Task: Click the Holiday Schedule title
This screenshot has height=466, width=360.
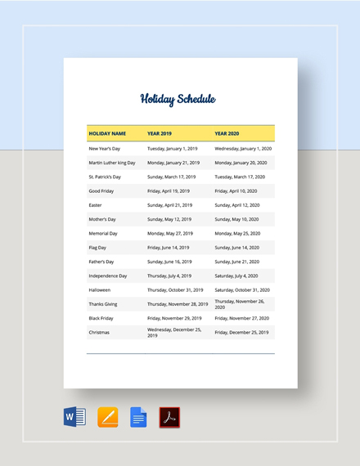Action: tap(178, 100)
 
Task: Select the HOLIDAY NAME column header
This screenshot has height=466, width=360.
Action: tap(107, 132)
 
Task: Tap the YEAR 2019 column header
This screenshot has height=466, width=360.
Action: tap(160, 132)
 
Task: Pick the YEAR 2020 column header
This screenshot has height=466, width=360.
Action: tap(227, 132)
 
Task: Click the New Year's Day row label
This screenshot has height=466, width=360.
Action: tap(104, 149)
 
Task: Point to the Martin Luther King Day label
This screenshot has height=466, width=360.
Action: tap(112, 163)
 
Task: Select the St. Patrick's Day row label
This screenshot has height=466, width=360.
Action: tap(105, 177)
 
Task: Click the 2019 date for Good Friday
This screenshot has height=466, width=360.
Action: tap(168, 190)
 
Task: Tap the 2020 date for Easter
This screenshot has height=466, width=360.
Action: tap(236, 205)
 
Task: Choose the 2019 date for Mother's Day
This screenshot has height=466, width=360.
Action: tap(169, 219)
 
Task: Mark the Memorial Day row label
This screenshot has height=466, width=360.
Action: tap(104, 233)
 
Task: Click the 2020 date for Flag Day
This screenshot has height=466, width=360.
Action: tap(236, 247)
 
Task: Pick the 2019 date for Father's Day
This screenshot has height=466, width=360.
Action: tap(169, 262)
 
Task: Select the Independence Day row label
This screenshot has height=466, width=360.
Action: tap(108, 276)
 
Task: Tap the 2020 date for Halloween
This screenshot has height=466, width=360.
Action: tap(243, 289)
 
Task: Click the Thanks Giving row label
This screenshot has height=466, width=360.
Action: tap(104, 304)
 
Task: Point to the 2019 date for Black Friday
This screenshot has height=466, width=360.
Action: tap(174, 318)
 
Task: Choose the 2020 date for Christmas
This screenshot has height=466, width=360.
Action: tap(241, 333)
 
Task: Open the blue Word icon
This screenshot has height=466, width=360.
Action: tap(74, 417)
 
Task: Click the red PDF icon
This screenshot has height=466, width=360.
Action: tap(169, 417)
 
